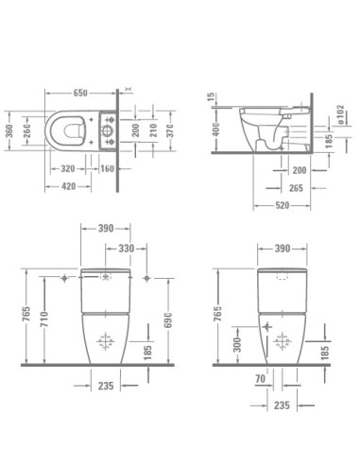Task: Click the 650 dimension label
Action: [x=80, y=93]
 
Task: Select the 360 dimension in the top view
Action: [x=9, y=131]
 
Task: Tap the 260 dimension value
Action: [x=27, y=131]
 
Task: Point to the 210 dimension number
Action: [x=153, y=130]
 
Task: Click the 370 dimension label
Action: [x=170, y=130]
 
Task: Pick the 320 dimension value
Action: [x=68, y=168]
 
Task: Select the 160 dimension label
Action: [x=107, y=168]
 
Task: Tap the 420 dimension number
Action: [x=69, y=186]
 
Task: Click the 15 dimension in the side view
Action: [x=212, y=97]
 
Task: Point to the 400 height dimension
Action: [x=216, y=129]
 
